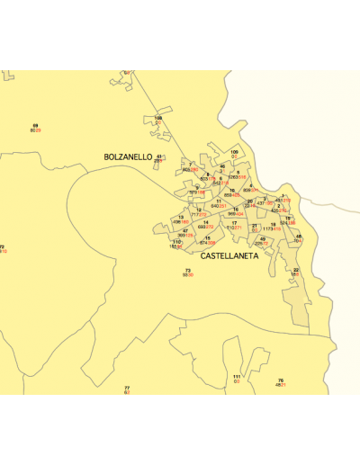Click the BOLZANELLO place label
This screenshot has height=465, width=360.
coord(128,157)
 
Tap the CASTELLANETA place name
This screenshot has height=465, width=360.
coord(229,256)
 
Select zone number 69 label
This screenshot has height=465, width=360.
coord(35,125)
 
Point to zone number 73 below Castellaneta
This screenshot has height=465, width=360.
coord(188,270)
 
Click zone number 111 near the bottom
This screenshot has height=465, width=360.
coord(237,376)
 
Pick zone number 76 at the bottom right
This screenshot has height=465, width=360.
coord(281,380)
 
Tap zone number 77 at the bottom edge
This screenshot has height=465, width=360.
coord(127,388)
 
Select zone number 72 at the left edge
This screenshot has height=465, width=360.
coord(2,246)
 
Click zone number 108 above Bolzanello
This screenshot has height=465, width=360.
coord(158,118)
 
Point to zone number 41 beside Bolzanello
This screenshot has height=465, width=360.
coord(159,156)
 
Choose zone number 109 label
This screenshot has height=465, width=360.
coord(235,152)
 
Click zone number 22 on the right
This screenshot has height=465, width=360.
coord(296,270)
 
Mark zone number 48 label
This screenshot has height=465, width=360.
coord(299,237)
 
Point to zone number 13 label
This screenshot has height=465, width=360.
coord(181,217)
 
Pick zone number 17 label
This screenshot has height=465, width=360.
coord(234,222)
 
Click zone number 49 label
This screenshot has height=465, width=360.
coord(263,238)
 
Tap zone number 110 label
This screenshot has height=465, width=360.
coord(176,241)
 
